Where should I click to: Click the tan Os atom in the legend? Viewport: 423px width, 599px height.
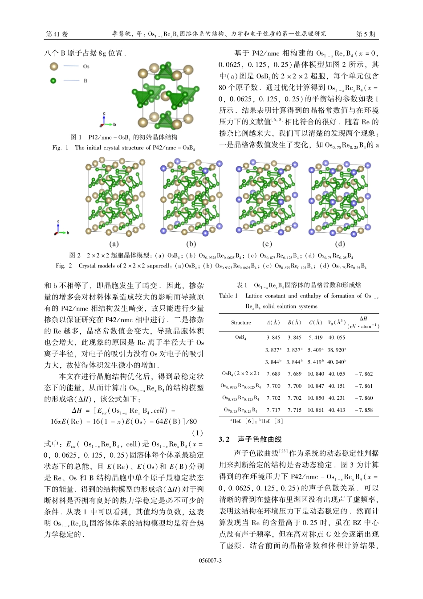coord(53,66)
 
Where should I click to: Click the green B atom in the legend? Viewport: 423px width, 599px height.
coord(53,81)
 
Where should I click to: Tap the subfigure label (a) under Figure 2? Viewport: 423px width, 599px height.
coord(114,244)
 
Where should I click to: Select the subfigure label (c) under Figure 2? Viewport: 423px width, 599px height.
coord(267,244)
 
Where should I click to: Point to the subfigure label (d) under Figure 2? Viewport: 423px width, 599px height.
coord(340,244)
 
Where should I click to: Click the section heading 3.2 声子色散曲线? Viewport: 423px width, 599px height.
coord(250,439)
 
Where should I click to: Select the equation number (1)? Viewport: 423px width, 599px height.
coord(197,433)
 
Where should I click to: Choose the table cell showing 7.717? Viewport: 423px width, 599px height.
coord(273,410)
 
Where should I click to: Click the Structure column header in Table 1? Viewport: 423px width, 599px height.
coord(241,322)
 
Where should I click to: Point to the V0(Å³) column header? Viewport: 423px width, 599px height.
coord(337,322)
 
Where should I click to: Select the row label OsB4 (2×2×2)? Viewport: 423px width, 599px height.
coord(240,374)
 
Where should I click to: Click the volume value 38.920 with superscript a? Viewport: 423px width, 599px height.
coord(337,350)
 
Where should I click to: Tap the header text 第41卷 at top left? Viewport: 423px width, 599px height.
coord(57,34)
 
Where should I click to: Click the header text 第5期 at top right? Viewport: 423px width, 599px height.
coord(366,34)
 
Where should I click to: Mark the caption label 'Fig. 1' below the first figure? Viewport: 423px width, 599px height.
coord(60,148)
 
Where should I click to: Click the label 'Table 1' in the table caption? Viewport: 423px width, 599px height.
coord(228,295)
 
